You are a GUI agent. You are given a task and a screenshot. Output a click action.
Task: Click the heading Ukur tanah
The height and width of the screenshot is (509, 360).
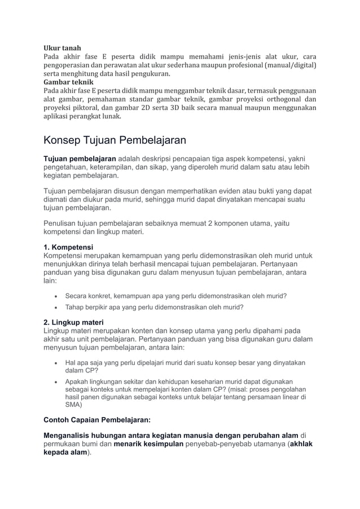coord(63,48)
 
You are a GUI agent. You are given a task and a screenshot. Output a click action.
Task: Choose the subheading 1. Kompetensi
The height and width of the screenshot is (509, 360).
coord(69,247)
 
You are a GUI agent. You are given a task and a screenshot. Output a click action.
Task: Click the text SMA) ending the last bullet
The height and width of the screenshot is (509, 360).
coord(73,405)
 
